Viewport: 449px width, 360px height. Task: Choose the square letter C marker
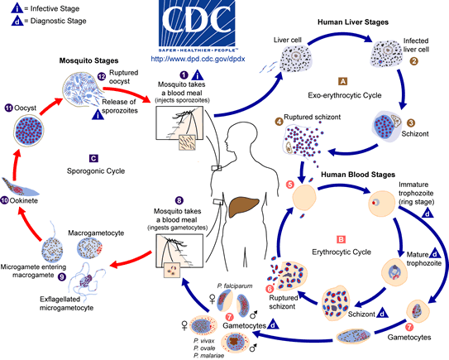[x=94, y=156]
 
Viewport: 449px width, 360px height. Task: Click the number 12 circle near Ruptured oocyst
[x=99, y=76]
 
